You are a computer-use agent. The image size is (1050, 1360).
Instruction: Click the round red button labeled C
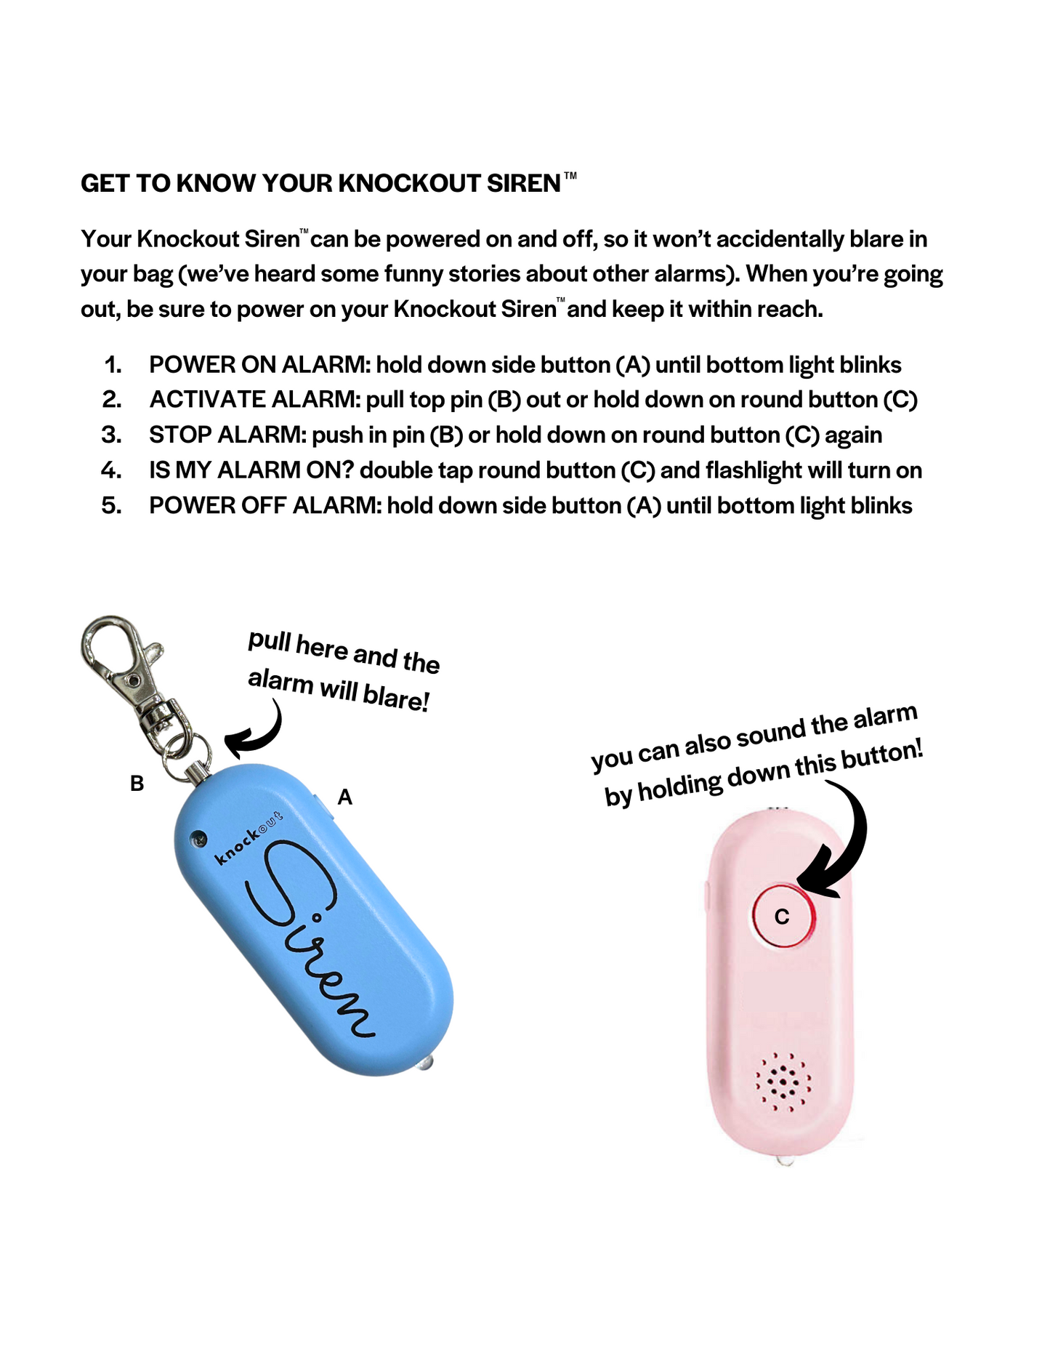tap(782, 916)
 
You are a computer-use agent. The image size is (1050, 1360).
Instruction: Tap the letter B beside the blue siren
tap(137, 784)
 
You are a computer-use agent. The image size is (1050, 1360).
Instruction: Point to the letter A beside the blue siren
tap(345, 797)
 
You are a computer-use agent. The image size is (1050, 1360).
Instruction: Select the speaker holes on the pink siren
tap(783, 1082)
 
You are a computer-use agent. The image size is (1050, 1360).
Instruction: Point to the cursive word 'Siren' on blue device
tap(312, 938)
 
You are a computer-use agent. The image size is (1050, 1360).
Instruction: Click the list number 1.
tap(113, 365)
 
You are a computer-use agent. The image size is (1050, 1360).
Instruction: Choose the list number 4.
tap(111, 470)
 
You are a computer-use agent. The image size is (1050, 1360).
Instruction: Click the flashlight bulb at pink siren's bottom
tap(784, 1161)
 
